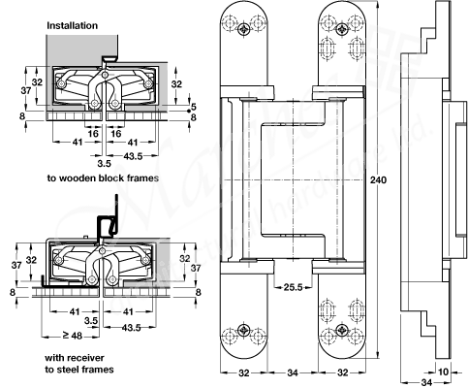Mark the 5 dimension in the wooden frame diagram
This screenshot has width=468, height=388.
194,106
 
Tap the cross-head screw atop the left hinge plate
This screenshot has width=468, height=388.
244,30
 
